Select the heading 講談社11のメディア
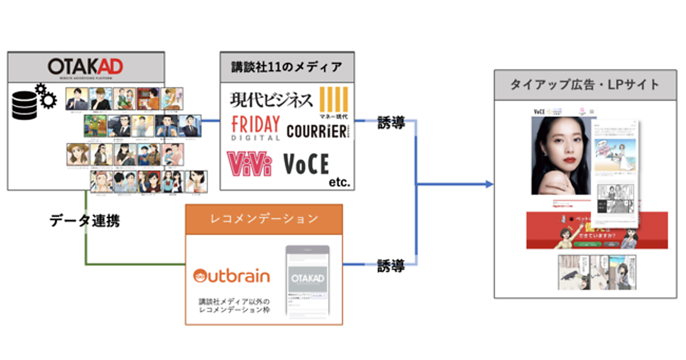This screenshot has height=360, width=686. (x=287, y=67)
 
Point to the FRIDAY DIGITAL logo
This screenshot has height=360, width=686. (x=256, y=128)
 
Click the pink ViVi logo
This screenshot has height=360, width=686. (x=249, y=163)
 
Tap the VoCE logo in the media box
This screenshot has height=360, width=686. (x=306, y=164)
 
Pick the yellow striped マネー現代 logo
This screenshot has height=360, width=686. (x=334, y=103)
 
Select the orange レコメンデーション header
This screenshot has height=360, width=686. (x=264, y=219)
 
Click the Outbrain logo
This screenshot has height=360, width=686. (x=232, y=277)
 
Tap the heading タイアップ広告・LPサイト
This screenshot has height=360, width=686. (x=584, y=85)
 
